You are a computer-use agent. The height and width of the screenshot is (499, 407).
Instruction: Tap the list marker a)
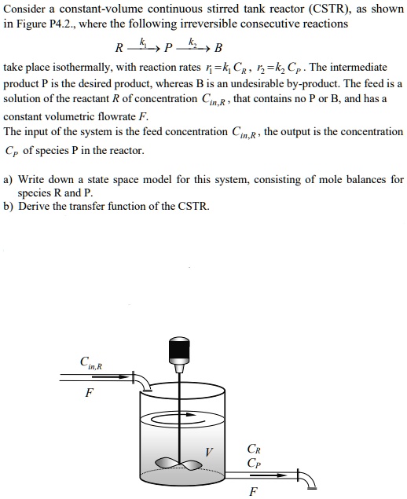click(9, 179)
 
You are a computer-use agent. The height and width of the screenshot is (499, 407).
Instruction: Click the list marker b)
click(9, 207)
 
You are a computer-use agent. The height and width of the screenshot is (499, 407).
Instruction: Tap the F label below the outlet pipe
click(252, 492)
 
